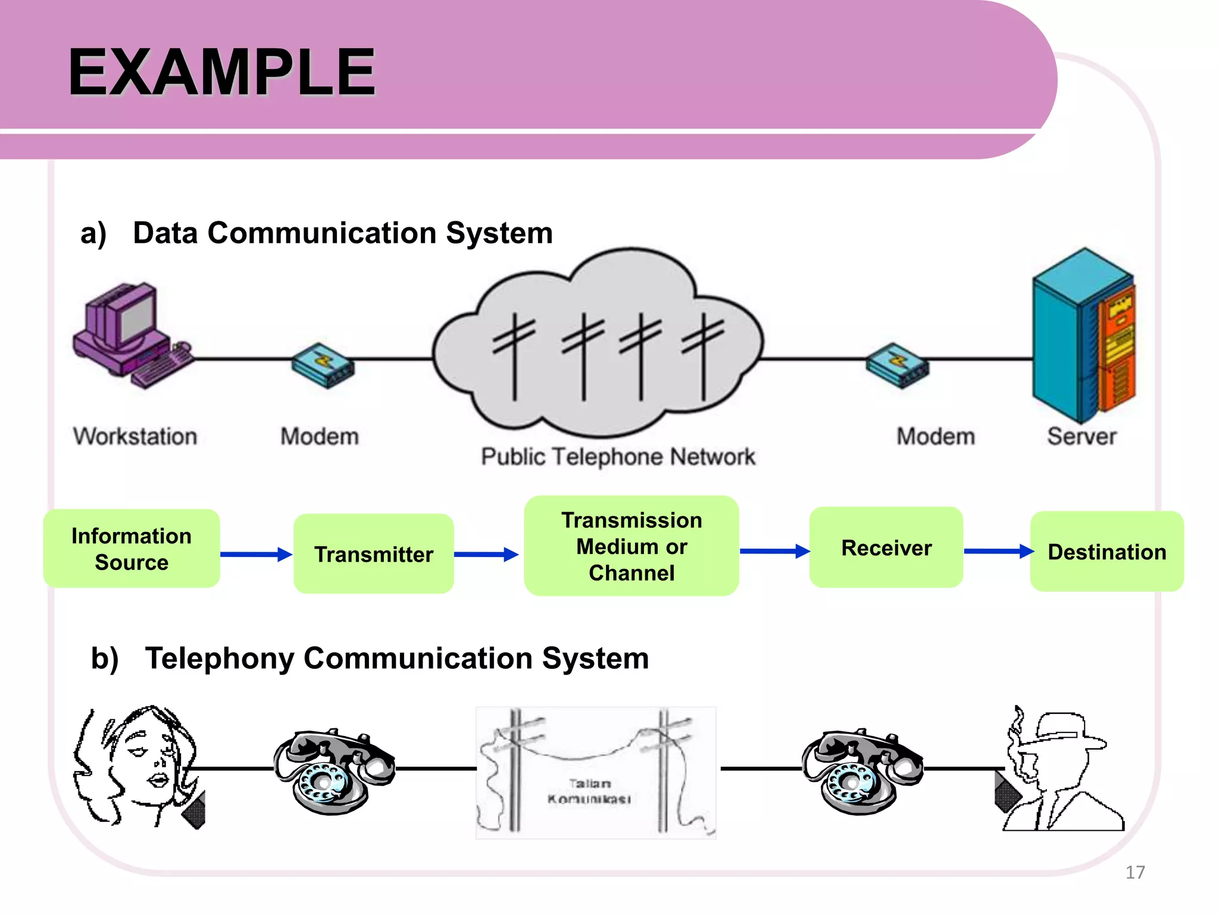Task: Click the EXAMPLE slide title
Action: point(221,73)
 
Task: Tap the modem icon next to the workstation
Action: point(323,365)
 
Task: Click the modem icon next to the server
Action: point(897,365)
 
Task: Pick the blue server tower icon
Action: point(1083,337)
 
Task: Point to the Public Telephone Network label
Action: point(618,457)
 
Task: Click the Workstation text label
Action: point(135,437)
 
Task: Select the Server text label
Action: point(1082,437)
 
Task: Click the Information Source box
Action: point(132,549)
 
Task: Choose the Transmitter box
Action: point(374,554)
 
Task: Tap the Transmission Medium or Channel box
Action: point(632,546)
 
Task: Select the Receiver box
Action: point(886,548)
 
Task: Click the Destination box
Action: point(1107,552)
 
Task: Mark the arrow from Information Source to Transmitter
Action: point(256,555)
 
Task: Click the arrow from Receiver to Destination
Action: point(998,551)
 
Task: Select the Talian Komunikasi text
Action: point(589,791)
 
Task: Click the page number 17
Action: point(1135,872)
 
